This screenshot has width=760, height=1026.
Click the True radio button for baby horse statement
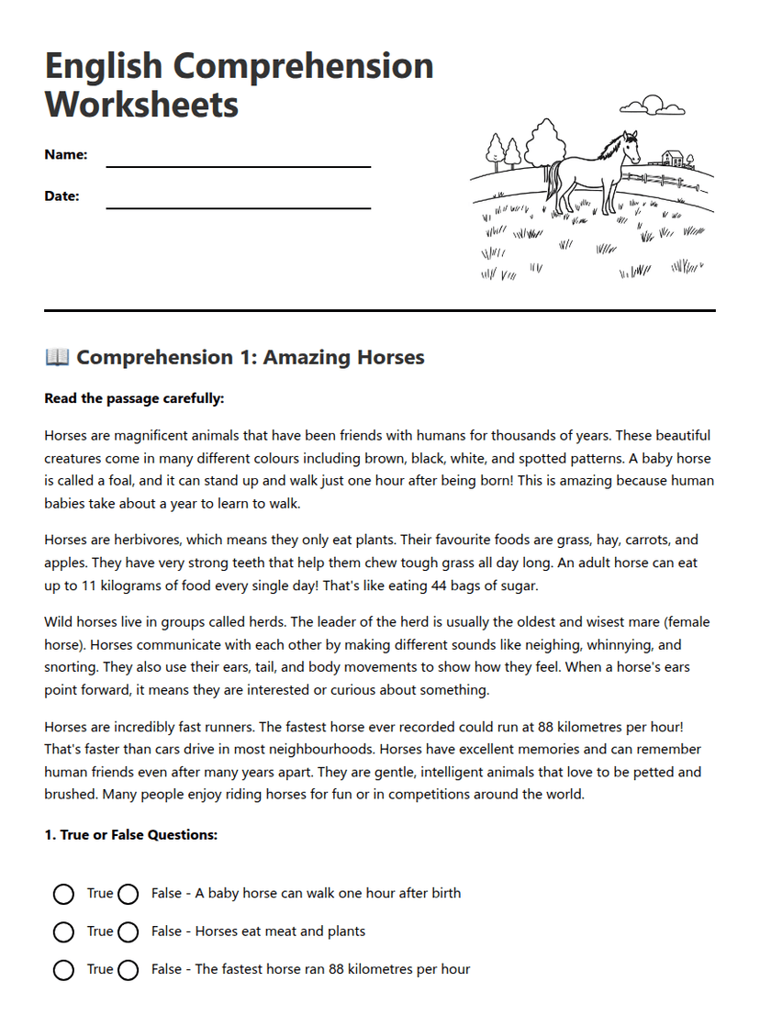point(63,894)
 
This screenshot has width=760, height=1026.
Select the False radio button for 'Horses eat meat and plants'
point(129,932)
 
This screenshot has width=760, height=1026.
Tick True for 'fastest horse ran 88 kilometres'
point(63,970)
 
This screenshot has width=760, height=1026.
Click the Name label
point(66,155)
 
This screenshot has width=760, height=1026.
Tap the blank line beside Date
point(239,207)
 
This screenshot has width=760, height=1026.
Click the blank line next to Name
point(239,166)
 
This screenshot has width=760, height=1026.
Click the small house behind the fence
point(673,159)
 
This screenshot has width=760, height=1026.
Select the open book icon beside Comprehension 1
point(57,357)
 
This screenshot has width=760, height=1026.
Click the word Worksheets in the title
point(141,104)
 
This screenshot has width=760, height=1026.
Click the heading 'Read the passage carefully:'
point(134,399)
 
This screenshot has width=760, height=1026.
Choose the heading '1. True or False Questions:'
point(130,835)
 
